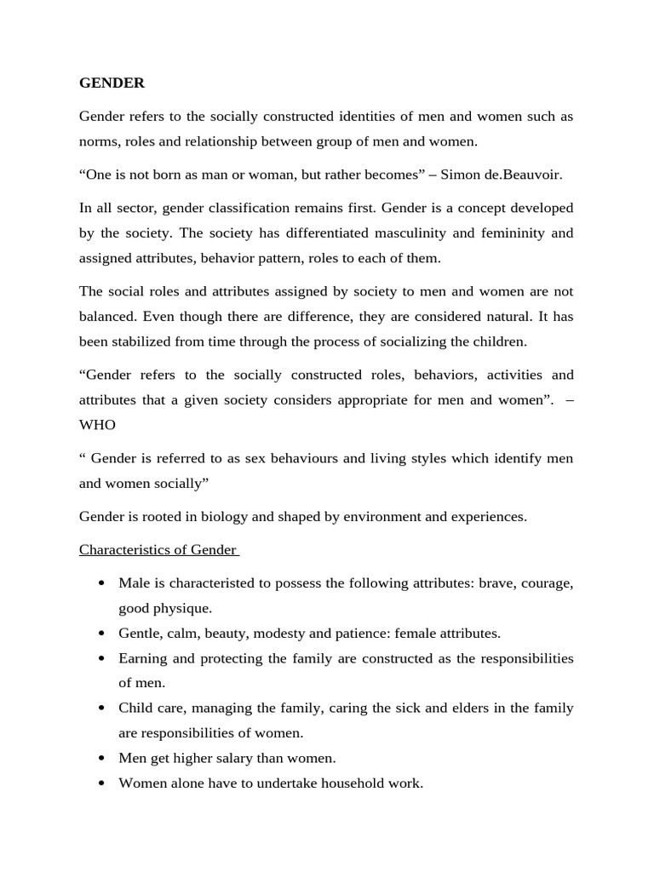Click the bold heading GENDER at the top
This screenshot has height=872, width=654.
[x=112, y=83]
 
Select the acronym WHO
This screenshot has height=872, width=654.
[x=97, y=424]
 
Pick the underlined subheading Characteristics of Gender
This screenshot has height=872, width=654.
[x=158, y=549]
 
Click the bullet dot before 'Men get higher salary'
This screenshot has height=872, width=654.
[x=102, y=758]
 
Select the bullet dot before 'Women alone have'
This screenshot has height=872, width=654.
[x=102, y=783]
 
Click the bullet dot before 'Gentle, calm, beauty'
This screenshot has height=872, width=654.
[x=102, y=634]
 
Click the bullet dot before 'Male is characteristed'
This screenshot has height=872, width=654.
[x=102, y=583]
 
